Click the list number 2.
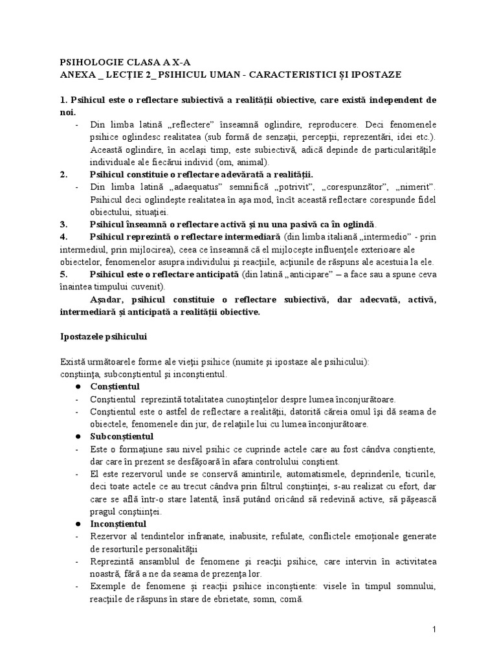point(63,174)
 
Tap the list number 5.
point(63,274)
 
